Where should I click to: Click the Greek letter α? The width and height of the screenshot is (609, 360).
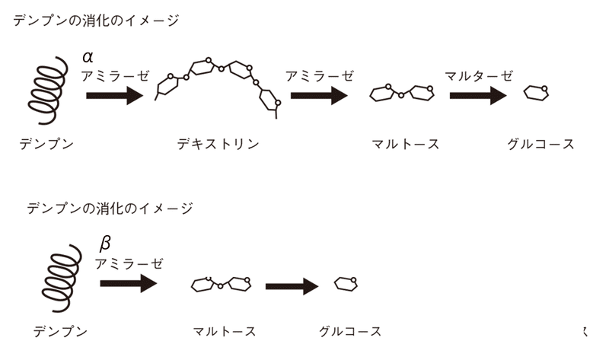click(88, 58)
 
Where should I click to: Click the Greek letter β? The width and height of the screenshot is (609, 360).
click(105, 244)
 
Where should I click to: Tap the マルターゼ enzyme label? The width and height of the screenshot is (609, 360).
click(479, 75)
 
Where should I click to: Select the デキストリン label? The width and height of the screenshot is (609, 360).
click(218, 144)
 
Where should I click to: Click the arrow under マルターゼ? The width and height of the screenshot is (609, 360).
click(478, 95)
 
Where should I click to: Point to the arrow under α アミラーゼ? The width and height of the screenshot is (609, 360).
click(115, 96)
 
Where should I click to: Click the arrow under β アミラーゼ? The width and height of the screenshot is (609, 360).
click(129, 283)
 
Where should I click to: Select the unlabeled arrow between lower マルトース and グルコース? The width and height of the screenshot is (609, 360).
click(292, 287)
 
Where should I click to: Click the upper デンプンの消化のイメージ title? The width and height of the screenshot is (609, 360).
click(96, 21)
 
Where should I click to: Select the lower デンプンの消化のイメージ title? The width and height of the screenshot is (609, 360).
click(110, 209)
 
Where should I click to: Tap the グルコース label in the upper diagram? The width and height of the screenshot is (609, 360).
click(540, 144)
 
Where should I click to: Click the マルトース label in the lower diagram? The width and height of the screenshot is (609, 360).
click(225, 332)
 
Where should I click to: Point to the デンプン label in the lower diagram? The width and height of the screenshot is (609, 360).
click(60, 332)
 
